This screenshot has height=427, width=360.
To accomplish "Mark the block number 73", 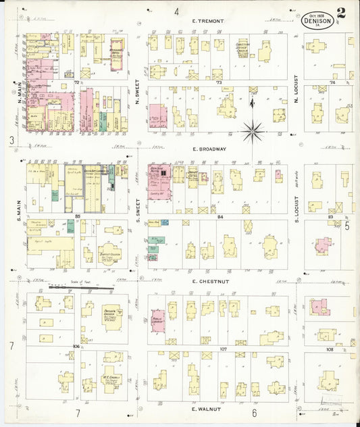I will (x=219, y=82).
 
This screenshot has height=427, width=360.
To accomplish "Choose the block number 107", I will (x=224, y=349).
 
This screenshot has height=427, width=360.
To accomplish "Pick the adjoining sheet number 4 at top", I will (x=176, y=11).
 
